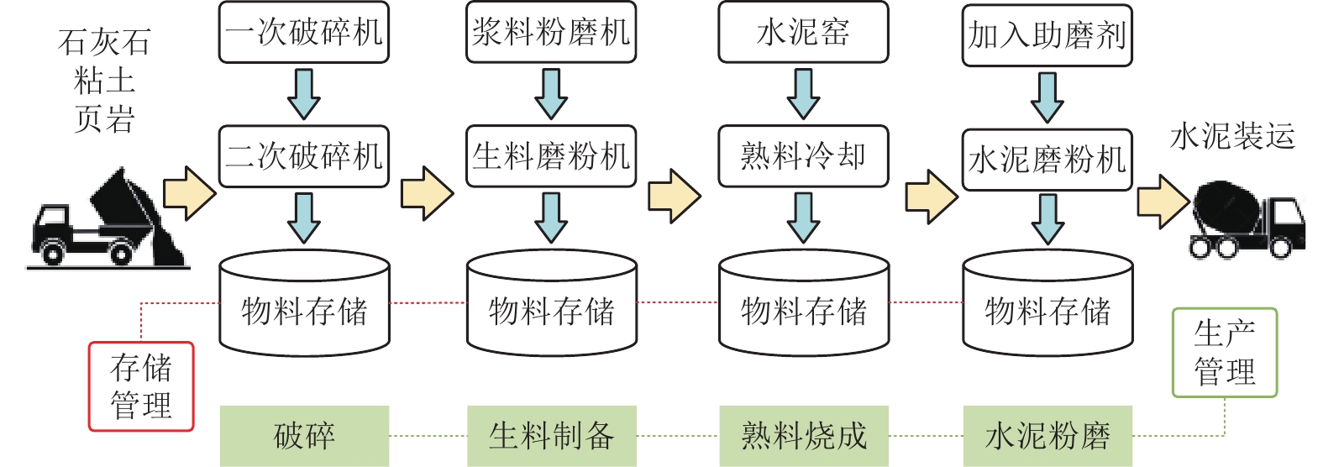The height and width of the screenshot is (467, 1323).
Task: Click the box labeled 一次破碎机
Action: (x=303, y=33)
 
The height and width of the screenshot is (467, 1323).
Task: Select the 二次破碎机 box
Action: (x=303, y=156)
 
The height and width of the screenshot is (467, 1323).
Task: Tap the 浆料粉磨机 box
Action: (x=551, y=33)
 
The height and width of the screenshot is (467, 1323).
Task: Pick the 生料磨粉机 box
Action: (x=551, y=156)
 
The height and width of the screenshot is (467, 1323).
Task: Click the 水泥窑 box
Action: (x=803, y=33)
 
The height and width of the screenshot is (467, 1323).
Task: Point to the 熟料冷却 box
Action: (x=803, y=156)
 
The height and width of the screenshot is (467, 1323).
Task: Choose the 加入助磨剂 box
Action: (x=1047, y=35)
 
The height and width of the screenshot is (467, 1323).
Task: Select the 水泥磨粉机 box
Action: (x=1047, y=160)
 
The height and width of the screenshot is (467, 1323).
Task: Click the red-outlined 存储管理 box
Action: (x=141, y=386)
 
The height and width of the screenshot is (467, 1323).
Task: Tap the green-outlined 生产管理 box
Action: (x=1224, y=353)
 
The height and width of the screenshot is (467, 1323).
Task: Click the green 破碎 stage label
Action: (x=304, y=436)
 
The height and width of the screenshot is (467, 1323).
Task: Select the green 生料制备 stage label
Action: (x=552, y=436)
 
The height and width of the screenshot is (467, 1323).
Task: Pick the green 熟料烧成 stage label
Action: (x=804, y=436)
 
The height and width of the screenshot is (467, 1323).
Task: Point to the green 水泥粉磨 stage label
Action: (x=1047, y=436)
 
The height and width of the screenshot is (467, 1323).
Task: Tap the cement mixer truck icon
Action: (x=1247, y=220)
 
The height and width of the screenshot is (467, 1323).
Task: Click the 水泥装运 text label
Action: (x=1232, y=136)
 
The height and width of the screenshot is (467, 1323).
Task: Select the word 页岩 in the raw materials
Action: (x=104, y=119)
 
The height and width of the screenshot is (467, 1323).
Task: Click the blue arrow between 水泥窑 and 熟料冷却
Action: (x=803, y=94)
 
